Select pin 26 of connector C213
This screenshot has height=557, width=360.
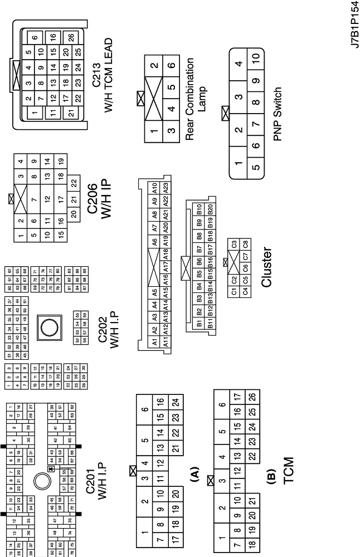[71, 38]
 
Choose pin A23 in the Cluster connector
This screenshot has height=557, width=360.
[166, 188]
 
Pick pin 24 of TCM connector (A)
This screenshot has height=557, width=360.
[175, 402]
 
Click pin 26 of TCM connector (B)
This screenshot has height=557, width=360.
[252, 396]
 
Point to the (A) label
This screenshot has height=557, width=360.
[194, 474]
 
